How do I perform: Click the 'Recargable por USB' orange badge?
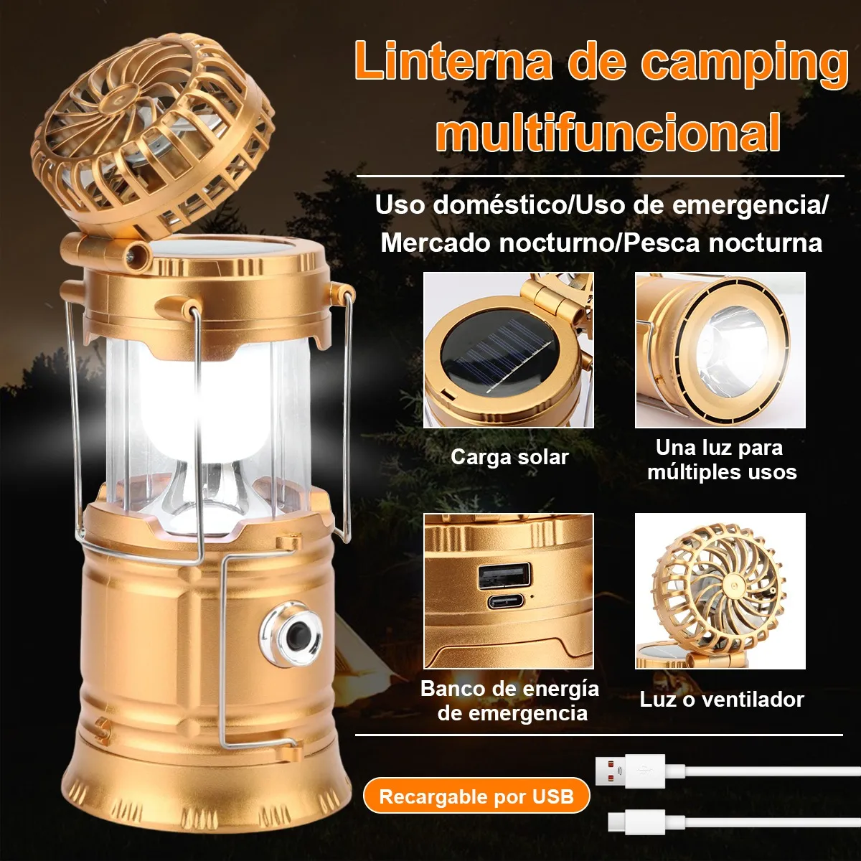tap(476, 796)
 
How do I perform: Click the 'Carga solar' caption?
tap(509, 456)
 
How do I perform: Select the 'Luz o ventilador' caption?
tap(722, 700)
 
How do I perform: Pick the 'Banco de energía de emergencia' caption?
tap(510, 700)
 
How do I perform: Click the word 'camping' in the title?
tap(744, 67)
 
